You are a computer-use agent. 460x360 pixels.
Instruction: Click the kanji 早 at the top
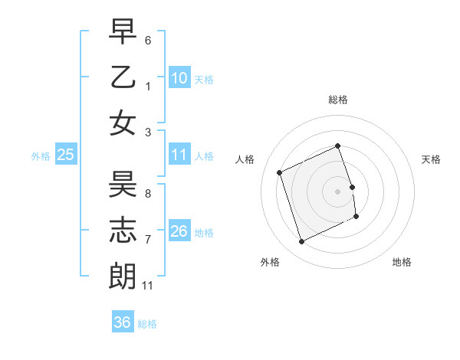pyautogui.click(x=122, y=32)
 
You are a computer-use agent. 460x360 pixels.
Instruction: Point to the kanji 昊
pyautogui.click(x=122, y=184)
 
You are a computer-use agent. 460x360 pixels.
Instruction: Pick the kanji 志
pyautogui.click(x=122, y=229)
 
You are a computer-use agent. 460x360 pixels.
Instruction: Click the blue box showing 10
pyautogui.click(x=179, y=77)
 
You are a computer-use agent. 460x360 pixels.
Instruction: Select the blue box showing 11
pyautogui.click(x=179, y=155)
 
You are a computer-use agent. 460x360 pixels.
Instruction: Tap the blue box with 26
pyautogui.click(x=179, y=231)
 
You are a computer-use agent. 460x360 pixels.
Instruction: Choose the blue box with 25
pyautogui.click(x=66, y=155)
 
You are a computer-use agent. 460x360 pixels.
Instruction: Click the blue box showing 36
pyautogui.click(x=122, y=322)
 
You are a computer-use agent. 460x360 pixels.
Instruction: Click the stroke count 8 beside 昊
pyautogui.click(x=148, y=193)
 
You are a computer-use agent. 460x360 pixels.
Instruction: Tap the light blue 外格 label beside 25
pyautogui.click(x=41, y=156)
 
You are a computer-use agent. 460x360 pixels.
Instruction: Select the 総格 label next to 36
pyautogui.click(x=147, y=324)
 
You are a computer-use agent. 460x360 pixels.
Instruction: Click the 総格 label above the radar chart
pyautogui.click(x=337, y=100)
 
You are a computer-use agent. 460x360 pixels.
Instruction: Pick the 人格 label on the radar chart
pyautogui.click(x=245, y=159)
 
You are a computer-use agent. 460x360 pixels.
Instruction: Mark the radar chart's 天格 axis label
pyautogui.click(x=431, y=159)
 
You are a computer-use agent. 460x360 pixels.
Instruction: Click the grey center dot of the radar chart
pyautogui.click(x=337, y=191)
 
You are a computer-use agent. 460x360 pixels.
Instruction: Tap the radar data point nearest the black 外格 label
pyautogui.click(x=301, y=242)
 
